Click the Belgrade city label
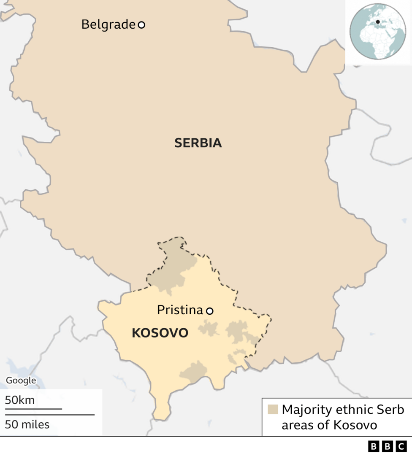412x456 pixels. [x=108, y=24]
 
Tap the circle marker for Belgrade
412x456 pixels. [x=141, y=25]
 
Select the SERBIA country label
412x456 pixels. [x=198, y=143]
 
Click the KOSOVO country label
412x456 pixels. [x=160, y=333]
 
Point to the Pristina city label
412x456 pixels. [x=180, y=310]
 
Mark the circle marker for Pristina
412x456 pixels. [x=209, y=311]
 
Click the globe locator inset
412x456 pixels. [x=377, y=31]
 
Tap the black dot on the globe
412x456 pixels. [x=378, y=22]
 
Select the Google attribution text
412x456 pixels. [x=21, y=380]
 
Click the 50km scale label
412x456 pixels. [x=19, y=400]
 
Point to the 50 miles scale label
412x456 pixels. [x=27, y=424]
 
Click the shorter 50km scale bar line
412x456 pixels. [x=33, y=409]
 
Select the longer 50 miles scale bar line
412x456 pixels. [x=49, y=415]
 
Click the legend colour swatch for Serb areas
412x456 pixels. [x=273, y=410]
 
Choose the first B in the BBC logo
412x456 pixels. [x=374, y=446]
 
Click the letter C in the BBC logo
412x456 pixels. [x=401, y=446]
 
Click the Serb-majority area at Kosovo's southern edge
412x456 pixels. [x=194, y=372]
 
